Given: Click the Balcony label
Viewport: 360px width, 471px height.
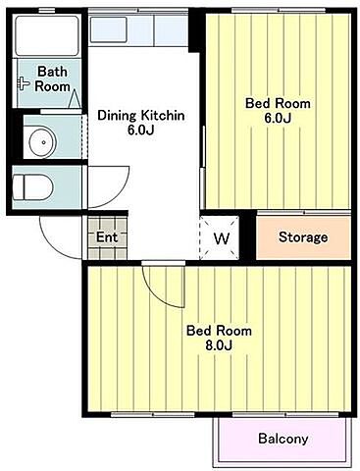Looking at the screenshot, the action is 283,439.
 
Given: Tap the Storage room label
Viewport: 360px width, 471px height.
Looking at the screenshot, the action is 303,237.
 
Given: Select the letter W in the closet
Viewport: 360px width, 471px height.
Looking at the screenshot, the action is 222,238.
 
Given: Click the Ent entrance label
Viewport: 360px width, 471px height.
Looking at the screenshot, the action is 107,237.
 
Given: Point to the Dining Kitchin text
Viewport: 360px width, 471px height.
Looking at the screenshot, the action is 141,116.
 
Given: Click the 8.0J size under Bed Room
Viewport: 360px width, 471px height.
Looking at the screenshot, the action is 219,345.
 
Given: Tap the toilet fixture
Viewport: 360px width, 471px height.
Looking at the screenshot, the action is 32,187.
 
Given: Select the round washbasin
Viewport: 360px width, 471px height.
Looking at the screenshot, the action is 42,142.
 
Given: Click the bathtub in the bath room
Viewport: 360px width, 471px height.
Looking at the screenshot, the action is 47,35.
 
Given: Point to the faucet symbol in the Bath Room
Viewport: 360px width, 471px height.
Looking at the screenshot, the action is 24,83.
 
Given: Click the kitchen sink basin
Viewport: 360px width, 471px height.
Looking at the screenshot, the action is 108,29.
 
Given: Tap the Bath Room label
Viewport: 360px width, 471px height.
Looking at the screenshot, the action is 52,78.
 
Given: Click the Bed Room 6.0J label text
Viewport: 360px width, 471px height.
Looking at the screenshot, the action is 278,111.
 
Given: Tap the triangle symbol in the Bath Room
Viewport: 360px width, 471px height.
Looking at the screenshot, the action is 75,98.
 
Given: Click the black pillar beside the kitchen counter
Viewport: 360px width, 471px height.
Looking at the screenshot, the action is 195,32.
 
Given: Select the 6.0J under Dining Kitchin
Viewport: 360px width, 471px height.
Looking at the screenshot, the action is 141,131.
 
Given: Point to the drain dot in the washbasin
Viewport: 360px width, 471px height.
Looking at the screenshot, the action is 43,142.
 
